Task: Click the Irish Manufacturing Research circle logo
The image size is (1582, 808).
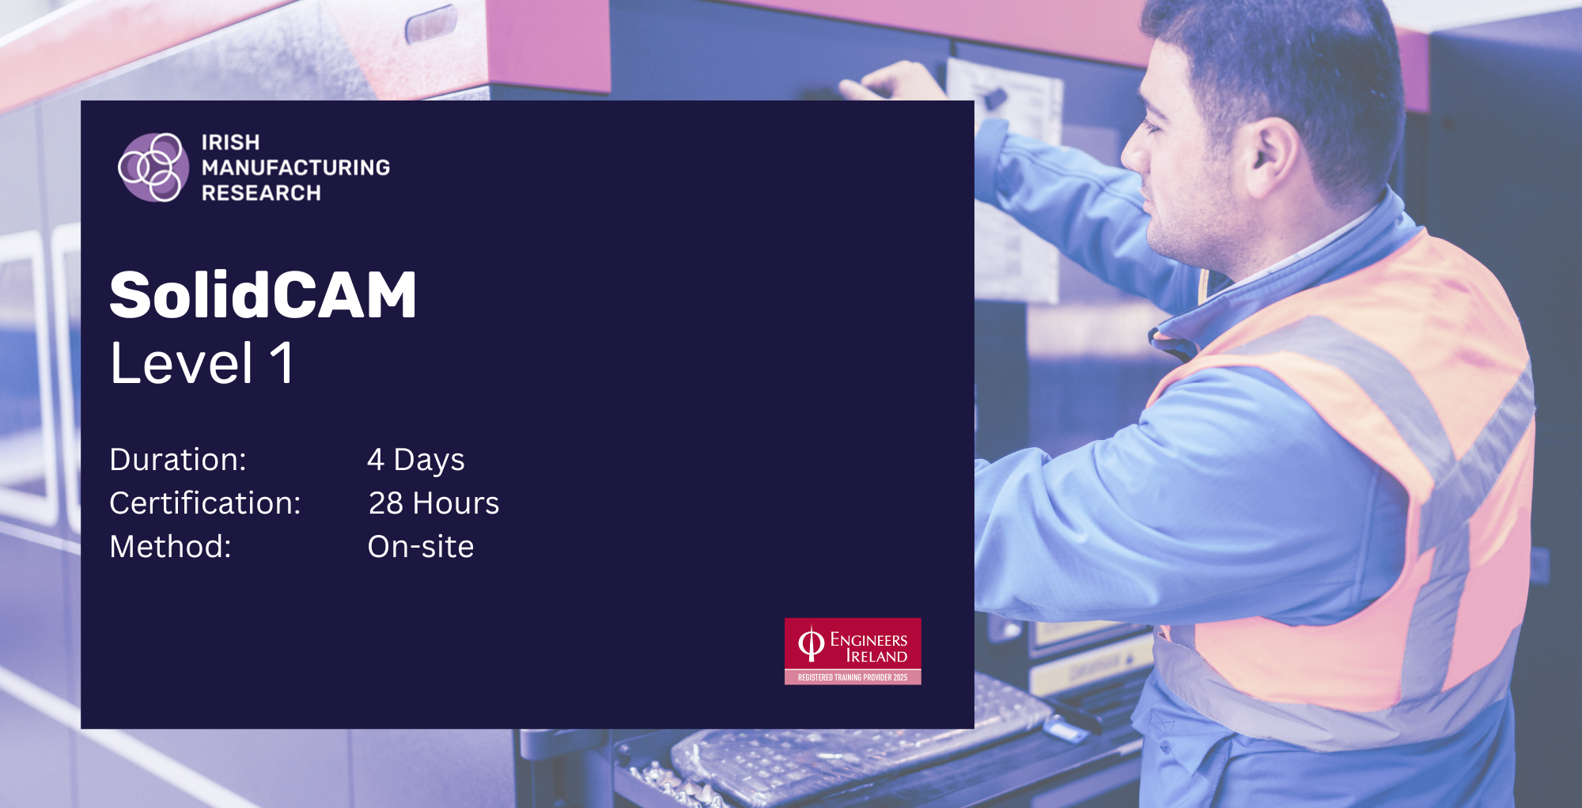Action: tap(153, 167)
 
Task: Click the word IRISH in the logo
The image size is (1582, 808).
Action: tap(230, 142)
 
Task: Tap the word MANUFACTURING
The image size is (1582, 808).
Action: tap(296, 168)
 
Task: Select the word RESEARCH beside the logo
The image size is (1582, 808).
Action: tap(261, 193)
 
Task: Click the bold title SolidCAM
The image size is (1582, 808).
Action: tap(263, 294)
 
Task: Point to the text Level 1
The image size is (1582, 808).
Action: tap(202, 363)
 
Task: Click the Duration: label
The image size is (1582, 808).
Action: tap(178, 460)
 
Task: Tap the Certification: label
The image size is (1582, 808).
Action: tap(205, 503)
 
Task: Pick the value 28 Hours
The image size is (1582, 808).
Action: tap(433, 503)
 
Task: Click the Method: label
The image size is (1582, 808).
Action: tap(170, 547)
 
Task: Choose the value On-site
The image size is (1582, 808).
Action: tap(421, 547)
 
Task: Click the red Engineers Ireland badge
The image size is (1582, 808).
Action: tap(853, 651)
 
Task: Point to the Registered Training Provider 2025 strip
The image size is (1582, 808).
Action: tap(853, 677)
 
